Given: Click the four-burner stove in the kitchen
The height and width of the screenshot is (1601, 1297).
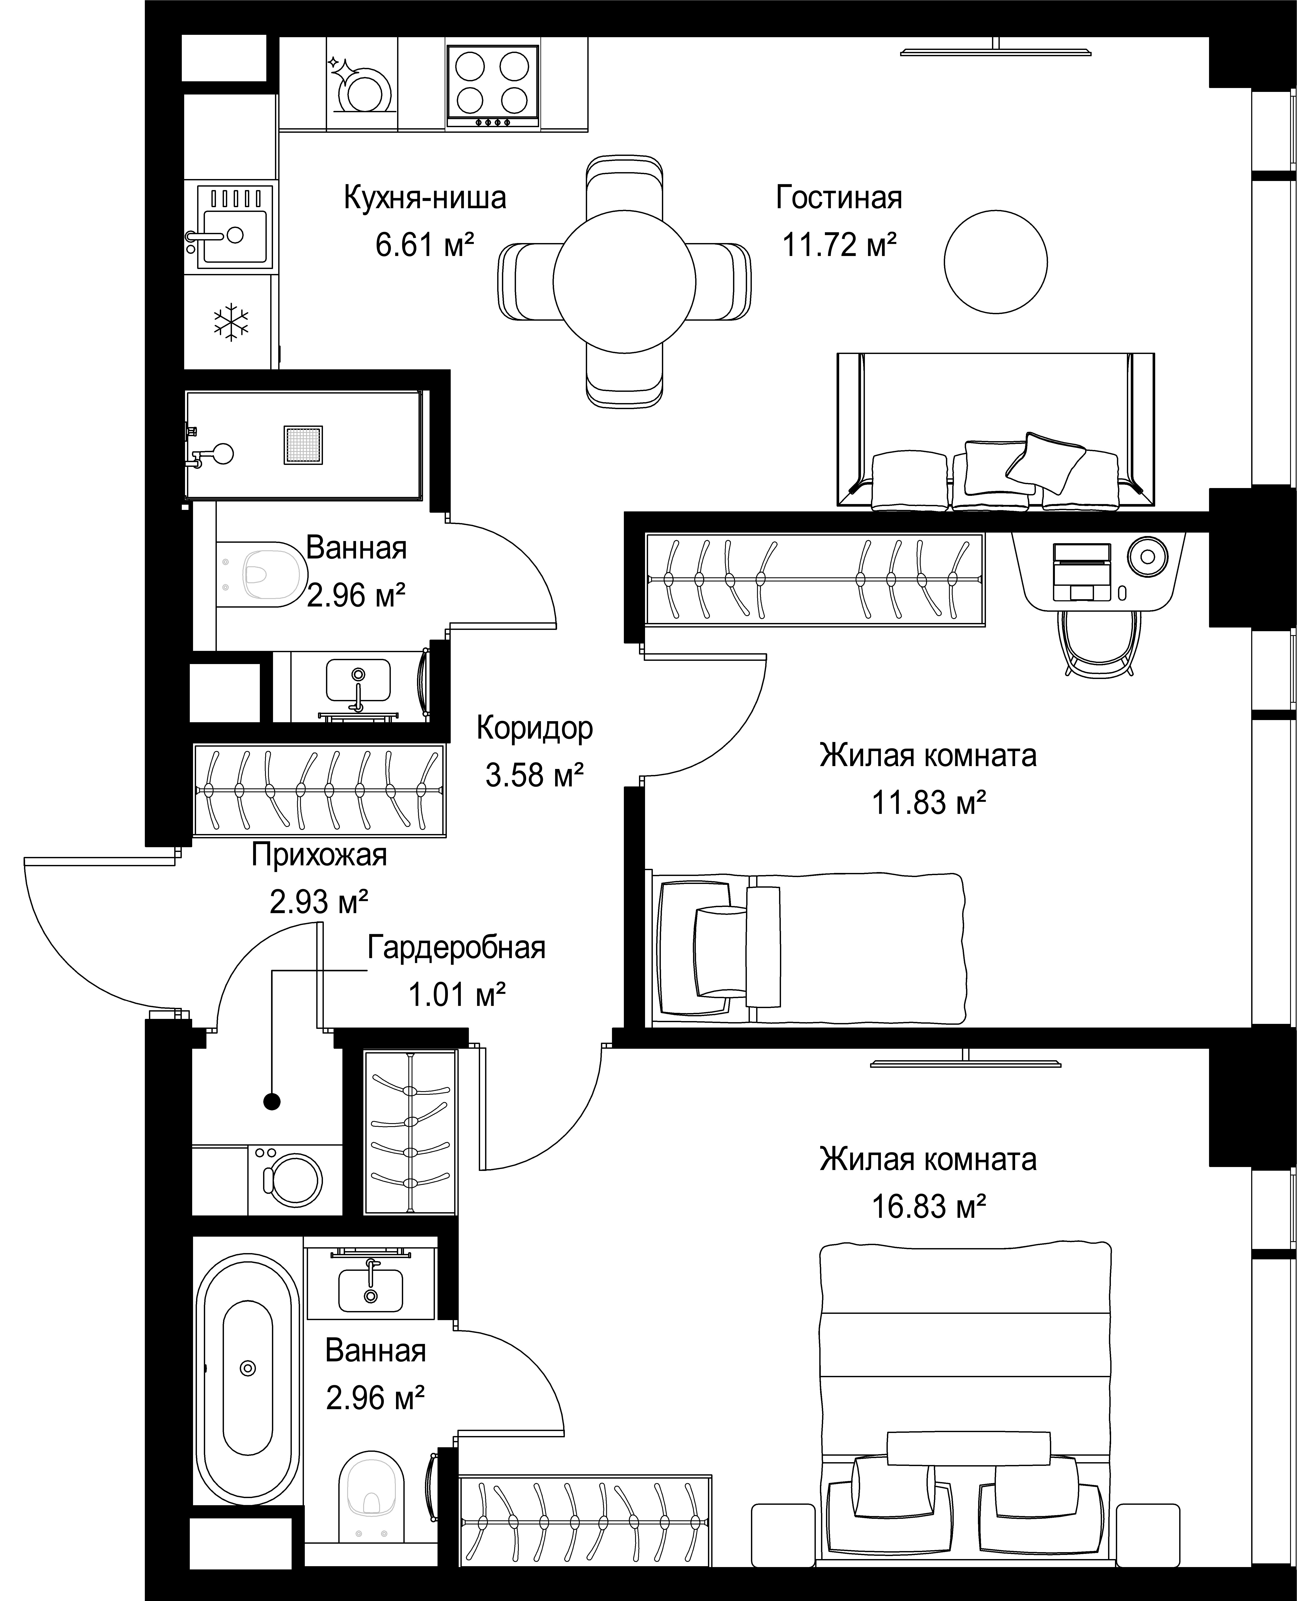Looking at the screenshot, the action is point(493,86).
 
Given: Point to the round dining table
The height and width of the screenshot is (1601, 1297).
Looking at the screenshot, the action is point(625,282).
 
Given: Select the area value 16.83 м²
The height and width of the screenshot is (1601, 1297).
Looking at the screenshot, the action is point(929,1207).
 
